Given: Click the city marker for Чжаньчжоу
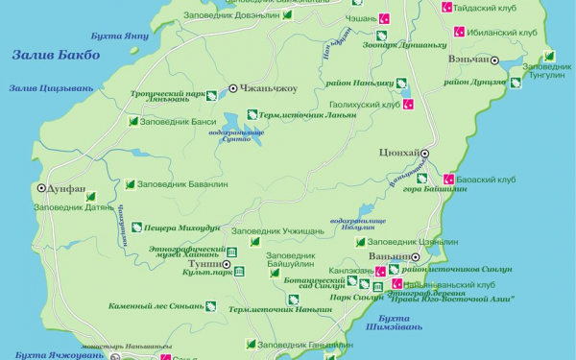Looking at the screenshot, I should (232, 89).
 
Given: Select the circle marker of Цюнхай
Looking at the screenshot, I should (424, 154).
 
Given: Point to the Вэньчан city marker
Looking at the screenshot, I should (495, 60).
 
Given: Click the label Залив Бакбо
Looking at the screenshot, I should (56, 56).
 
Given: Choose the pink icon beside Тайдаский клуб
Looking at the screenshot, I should (445, 7).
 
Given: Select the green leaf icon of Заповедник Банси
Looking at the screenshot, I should (133, 122).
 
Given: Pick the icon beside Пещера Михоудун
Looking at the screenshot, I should (136, 228).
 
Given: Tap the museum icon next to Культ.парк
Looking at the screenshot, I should (239, 273).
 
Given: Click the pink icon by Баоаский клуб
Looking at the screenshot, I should (448, 179).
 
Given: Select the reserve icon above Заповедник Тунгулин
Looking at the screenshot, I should (549, 56).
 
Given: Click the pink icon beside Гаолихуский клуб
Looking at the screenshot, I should (406, 104).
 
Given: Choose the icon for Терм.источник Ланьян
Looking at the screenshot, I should (252, 114).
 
